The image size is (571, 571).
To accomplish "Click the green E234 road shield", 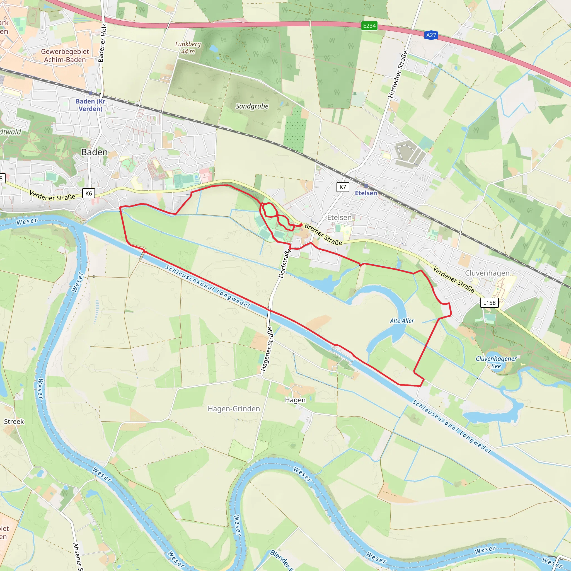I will (369, 26).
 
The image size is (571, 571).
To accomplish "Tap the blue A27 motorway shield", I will (431, 35).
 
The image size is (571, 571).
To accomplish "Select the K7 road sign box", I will (343, 187).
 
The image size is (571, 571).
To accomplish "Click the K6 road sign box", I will (88, 193).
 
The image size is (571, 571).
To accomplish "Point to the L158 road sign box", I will (489, 303).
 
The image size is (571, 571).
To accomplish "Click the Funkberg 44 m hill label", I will (188, 48).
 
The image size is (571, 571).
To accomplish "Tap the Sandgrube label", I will (252, 106).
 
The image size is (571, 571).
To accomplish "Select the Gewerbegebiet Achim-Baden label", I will (65, 55).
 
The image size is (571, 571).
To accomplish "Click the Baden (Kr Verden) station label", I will (90, 105).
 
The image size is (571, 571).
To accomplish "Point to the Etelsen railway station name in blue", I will (366, 193).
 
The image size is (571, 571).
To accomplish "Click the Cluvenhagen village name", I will (487, 273).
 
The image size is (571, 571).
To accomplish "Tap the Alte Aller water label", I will (402, 321).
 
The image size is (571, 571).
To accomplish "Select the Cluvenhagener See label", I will (496, 362).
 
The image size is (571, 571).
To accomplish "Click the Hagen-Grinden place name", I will (234, 409).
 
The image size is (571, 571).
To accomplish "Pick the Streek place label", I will (14, 422).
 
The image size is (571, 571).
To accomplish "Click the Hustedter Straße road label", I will (398, 75).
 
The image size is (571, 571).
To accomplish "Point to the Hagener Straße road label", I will (267, 349).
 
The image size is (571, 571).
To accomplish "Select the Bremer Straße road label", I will (323, 234).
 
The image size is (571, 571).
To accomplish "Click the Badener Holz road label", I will (102, 43).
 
